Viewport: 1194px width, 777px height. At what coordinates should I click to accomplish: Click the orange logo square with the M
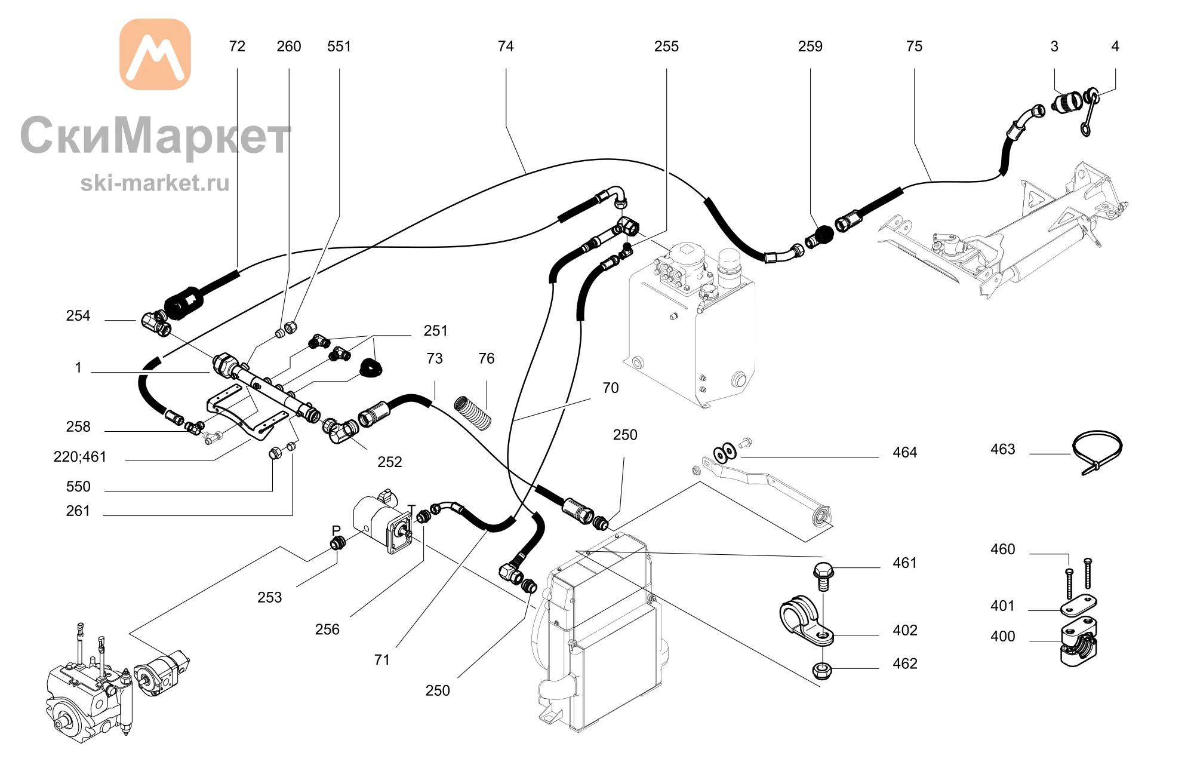[155, 54]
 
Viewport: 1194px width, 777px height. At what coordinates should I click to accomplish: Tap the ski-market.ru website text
[155, 183]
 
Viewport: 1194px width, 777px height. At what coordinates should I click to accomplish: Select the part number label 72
[237, 47]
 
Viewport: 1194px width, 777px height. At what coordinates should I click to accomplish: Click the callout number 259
[810, 47]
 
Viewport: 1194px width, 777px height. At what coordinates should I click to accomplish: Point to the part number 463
[1002, 449]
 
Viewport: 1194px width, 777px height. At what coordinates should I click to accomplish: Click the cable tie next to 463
[1097, 452]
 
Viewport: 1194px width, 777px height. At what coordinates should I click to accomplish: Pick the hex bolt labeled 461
[823, 576]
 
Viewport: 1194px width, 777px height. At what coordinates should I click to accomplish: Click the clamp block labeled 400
[1079, 642]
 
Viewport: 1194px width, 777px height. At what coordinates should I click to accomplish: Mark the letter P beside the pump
[336, 530]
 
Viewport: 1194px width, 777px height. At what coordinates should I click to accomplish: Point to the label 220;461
[80, 457]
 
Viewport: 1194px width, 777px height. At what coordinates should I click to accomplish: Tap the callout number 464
[904, 452]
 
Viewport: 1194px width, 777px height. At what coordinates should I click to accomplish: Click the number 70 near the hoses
[610, 388]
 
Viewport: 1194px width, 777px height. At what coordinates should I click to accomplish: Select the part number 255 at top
[666, 47]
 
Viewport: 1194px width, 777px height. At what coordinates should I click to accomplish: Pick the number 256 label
[327, 629]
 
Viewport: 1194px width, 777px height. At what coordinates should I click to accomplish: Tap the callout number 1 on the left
[78, 367]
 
